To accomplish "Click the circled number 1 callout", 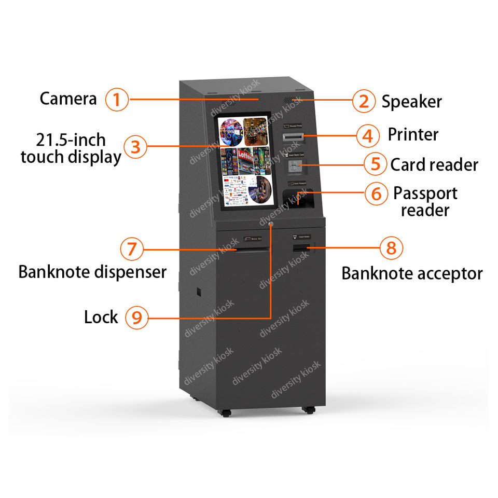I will pos(117,99).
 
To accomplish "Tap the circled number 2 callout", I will pos(364,101).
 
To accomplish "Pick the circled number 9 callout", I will pos(136,317).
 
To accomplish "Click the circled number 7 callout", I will pos(132,250).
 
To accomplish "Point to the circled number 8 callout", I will pos(391,248).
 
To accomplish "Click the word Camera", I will pos(68,99).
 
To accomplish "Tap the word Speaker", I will pos(411,102).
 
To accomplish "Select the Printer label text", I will pos(413,135).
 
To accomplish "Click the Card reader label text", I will pos(434,165).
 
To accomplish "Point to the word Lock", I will pos(101,317).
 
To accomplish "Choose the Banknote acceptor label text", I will pos(412,273).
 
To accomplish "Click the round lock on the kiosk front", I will pos(271,225).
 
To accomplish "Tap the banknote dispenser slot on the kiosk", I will pos(252,250).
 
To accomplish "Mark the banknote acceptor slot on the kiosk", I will pos(301,249).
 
